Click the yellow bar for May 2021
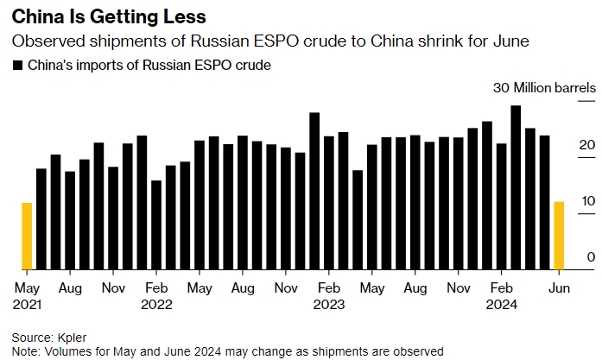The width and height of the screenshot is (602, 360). point(27,236)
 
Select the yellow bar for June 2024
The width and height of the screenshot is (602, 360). point(559,235)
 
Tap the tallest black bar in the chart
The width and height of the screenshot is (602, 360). point(516,186)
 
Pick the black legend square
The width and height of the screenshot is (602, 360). point(17,65)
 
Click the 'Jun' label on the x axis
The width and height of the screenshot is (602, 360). point(559,287)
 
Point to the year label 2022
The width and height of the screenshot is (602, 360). point(157,304)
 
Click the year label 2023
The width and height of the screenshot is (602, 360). point(329,304)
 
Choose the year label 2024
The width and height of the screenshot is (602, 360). point(502,304)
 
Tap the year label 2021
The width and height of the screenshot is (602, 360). point(28,304)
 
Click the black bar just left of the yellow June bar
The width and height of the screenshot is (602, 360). point(545,202)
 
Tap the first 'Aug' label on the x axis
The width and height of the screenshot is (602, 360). point(71,287)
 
